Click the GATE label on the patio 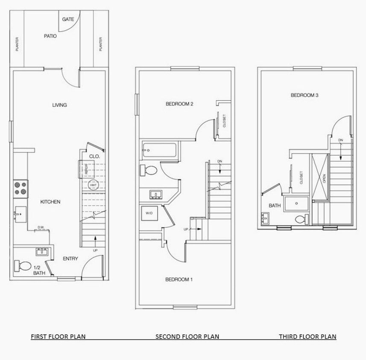[x=68, y=19]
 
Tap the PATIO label [x=50, y=36]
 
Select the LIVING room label [x=59, y=105]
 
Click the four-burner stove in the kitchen [x=20, y=188]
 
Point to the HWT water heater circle [x=93, y=185]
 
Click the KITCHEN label [x=50, y=202]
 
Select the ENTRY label [x=70, y=258]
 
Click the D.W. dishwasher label [x=41, y=227]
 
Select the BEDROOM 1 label [x=179, y=280]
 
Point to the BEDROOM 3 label [x=305, y=96]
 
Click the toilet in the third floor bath [x=301, y=220]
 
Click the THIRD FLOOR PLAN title [x=307, y=337]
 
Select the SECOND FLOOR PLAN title [x=187, y=337]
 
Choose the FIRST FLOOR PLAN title [x=58, y=337]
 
